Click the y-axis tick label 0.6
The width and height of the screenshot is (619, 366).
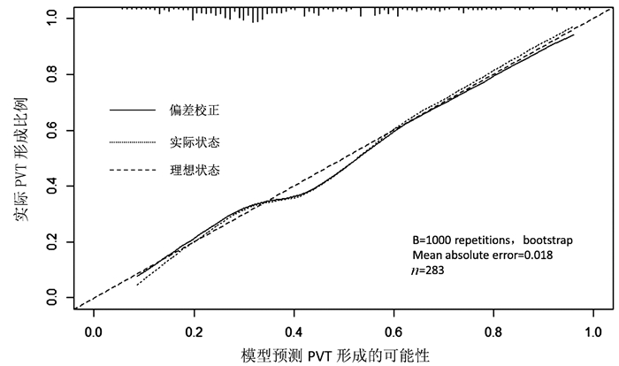tap(54, 130)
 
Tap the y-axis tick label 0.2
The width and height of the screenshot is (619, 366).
tap(54, 242)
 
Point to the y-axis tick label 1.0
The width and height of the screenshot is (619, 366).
tap(54, 18)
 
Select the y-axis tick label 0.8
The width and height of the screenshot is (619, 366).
tap(54, 74)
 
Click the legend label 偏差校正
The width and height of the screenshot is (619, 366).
tap(194, 111)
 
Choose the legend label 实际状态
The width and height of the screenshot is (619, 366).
tap(194, 141)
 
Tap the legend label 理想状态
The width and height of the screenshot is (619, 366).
tap(194, 170)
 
